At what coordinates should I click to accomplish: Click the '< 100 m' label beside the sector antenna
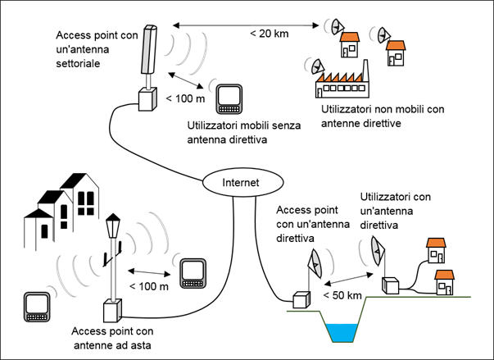coord(180,99)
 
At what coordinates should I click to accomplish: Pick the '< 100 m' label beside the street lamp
coord(149,286)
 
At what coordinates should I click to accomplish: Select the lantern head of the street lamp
coord(111,226)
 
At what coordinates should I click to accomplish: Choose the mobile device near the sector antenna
coord(229,98)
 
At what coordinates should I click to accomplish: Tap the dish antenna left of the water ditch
coord(314,262)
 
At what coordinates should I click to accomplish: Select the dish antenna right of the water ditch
coord(377,249)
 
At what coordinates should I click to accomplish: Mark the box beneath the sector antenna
coord(147,100)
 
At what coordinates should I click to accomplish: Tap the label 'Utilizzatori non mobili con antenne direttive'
coord(382,116)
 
